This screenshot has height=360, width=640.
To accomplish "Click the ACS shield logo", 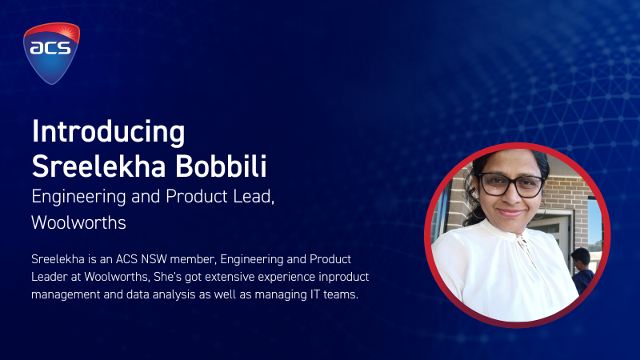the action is [51, 53].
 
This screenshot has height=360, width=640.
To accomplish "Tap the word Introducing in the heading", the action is [108, 132].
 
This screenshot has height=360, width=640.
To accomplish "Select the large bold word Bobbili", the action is [221, 166].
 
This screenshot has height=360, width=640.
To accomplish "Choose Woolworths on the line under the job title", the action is [78, 222].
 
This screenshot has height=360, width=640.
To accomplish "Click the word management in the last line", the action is [66, 294].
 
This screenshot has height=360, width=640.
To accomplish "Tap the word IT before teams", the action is [314, 294].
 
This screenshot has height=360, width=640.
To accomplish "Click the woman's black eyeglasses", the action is [511, 185].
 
